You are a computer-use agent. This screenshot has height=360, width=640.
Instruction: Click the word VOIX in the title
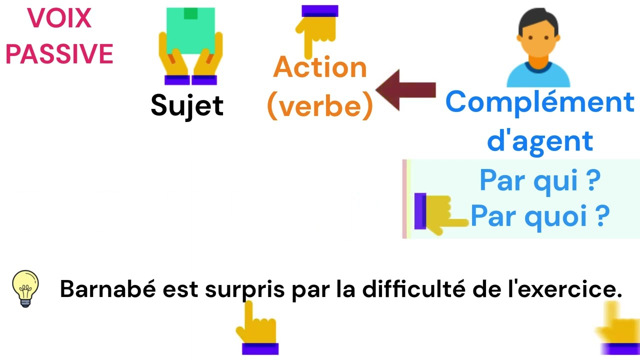pos(59,18)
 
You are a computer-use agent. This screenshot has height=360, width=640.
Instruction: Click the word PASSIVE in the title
pos(59,54)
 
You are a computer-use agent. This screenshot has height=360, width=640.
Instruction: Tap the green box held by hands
pos(190,30)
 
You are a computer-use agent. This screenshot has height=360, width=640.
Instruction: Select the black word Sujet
pos(187,105)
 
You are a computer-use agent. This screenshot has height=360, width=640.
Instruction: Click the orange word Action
pos(320,67)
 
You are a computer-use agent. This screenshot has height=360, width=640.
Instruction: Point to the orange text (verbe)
pos(320,105)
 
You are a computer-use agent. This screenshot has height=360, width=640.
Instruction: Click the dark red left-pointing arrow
pos(405,90)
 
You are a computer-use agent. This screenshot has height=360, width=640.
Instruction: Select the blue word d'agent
pos(540,140)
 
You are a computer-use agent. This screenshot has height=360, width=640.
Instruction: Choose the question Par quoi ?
pos(540,216)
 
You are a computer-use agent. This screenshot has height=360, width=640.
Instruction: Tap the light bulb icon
pos(25,288)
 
